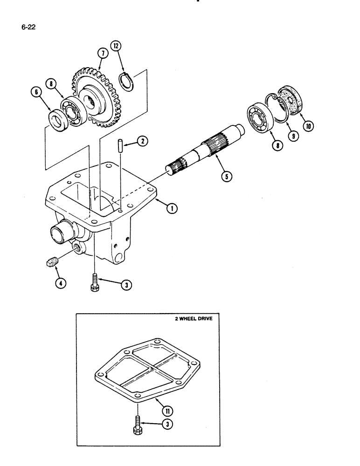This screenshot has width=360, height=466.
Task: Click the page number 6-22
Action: pyautogui.click(x=28, y=27)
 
